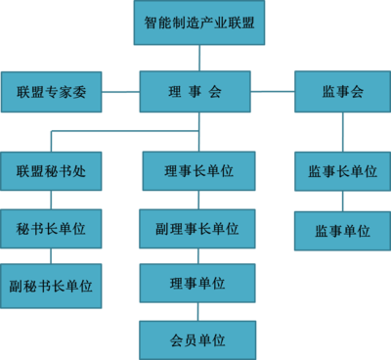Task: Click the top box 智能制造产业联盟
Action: (x=198, y=23)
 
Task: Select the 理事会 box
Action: (x=196, y=92)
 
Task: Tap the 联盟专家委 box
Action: (x=51, y=92)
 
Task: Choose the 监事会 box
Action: (x=342, y=92)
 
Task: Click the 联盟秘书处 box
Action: (x=51, y=171)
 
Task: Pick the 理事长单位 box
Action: (x=198, y=171)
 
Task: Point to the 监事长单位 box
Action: (x=342, y=171)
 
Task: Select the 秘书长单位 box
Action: (x=51, y=228)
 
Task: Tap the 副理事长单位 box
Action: (x=197, y=228)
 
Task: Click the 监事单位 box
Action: (x=342, y=231)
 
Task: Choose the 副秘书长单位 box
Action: (x=51, y=286)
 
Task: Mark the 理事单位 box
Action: (x=197, y=284)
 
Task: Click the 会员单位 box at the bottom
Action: (x=197, y=339)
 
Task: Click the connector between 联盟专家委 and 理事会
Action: (x=120, y=92)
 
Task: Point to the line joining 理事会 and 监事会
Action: (x=274, y=92)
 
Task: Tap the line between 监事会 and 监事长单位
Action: (x=342, y=132)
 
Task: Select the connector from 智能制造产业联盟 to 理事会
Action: (x=198, y=58)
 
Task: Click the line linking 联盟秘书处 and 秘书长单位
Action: (x=51, y=200)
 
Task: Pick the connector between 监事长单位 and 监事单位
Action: (x=342, y=201)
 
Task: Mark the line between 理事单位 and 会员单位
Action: (x=198, y=311)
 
